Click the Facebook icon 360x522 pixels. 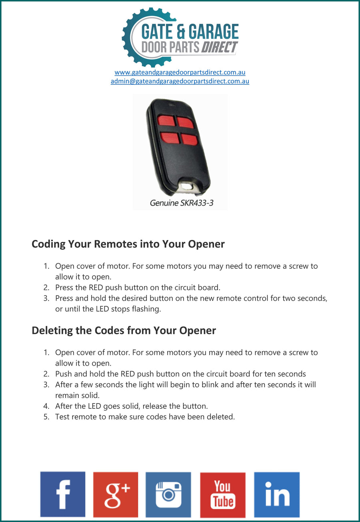(63, 494)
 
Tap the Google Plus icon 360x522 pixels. (116, 494)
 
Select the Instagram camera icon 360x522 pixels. (168, 494)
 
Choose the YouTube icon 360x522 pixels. (223, 495)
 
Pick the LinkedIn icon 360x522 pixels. (277, 494)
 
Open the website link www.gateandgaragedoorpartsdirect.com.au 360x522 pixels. (180, 72)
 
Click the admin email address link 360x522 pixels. (180, 81)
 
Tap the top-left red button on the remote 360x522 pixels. (166, 120)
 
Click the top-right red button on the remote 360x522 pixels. (185, 122)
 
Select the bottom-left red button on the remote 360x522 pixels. (170, 138)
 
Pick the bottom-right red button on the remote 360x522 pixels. (189, 140)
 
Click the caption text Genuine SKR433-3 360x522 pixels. (182, 203)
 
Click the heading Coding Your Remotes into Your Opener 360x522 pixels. (128, 244)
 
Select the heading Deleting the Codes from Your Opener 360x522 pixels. (124, 331)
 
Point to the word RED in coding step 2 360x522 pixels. (96, 288)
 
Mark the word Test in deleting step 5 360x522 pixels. (63, 417)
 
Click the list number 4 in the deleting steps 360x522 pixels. (46, 406)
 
